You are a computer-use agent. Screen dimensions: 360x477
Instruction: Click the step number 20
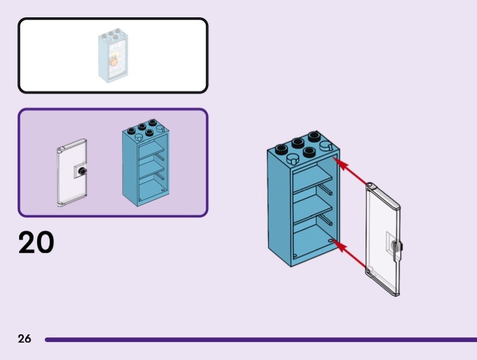pyautogui.click(x=36, y=243)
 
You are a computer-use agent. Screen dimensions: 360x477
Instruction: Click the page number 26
pyautogui.click(x=24, y=339)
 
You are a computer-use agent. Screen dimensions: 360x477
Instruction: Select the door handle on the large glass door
pyautogui.click(x=397, y=245)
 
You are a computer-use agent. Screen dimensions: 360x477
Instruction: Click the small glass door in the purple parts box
pyautogui.click(x=72, y=173)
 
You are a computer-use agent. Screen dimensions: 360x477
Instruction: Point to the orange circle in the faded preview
pyautogui.click(x=112, y=60)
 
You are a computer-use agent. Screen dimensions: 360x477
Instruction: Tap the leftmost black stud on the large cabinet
pyautogui.click(x=279, y=148)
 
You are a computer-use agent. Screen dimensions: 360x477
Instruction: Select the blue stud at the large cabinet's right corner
pyautogui.click(x=326, y=145)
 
